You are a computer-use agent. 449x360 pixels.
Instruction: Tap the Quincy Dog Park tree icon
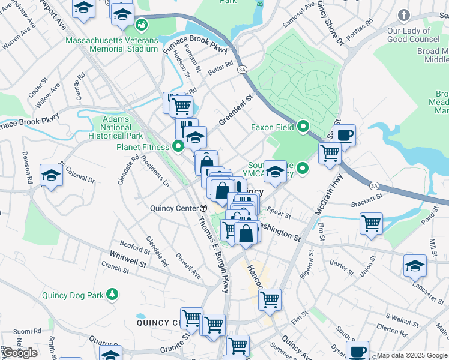(111, 294)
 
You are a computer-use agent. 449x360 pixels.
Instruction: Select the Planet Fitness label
(143, 146)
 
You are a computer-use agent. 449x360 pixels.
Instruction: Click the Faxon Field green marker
(303, 127)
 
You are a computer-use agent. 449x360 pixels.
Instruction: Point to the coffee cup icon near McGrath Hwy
(345, 135)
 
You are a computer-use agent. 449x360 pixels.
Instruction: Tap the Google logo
(20, 353)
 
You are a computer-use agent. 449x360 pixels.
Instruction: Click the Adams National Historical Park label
(116, 127)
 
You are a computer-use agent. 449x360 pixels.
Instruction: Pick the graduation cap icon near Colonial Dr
(51, 176)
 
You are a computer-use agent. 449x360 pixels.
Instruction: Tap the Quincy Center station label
(173, 208)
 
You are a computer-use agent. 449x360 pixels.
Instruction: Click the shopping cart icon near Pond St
(372, 224)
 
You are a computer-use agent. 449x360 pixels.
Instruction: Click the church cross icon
(404, 14)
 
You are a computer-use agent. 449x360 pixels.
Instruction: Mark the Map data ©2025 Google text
(412, 355)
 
